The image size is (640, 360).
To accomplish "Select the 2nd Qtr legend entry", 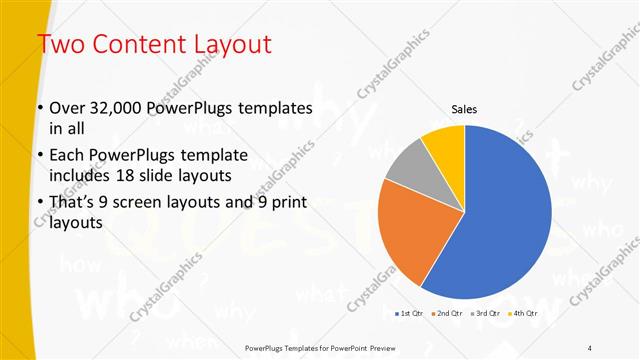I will point(447,314).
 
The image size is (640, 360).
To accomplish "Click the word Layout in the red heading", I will point(227,44).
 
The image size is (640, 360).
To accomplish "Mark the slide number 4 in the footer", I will point(590,347).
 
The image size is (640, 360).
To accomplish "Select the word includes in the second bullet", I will point(79,176).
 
